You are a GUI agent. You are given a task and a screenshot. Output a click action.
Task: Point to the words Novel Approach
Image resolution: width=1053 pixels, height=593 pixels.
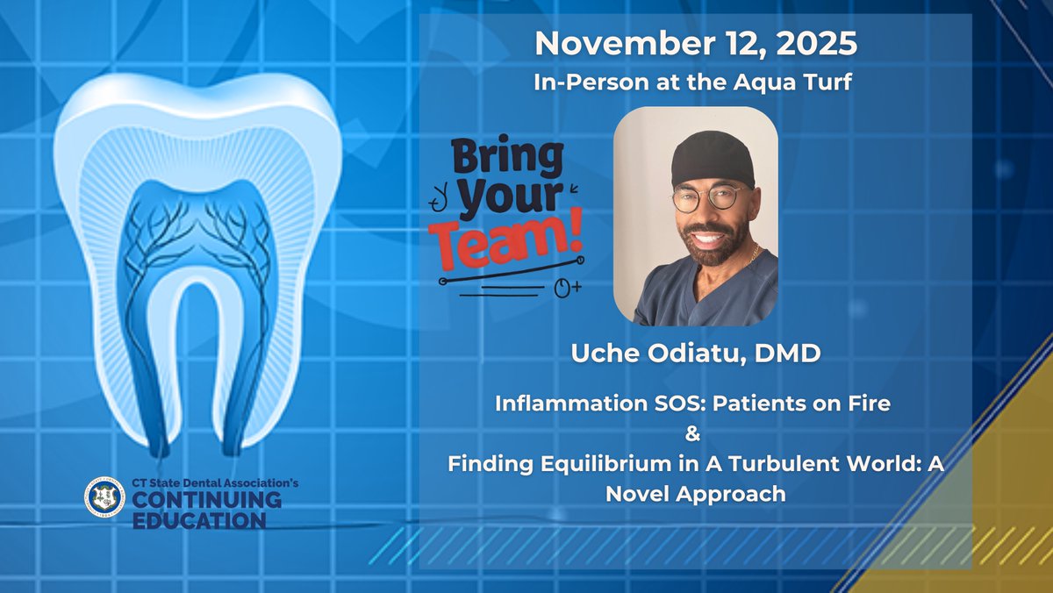(x=695, y=494)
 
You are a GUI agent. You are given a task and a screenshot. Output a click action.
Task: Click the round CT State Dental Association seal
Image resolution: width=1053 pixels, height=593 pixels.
(x=104, y=497)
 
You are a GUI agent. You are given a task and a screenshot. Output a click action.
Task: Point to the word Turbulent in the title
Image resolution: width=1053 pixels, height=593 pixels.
(x=762, y=464)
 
